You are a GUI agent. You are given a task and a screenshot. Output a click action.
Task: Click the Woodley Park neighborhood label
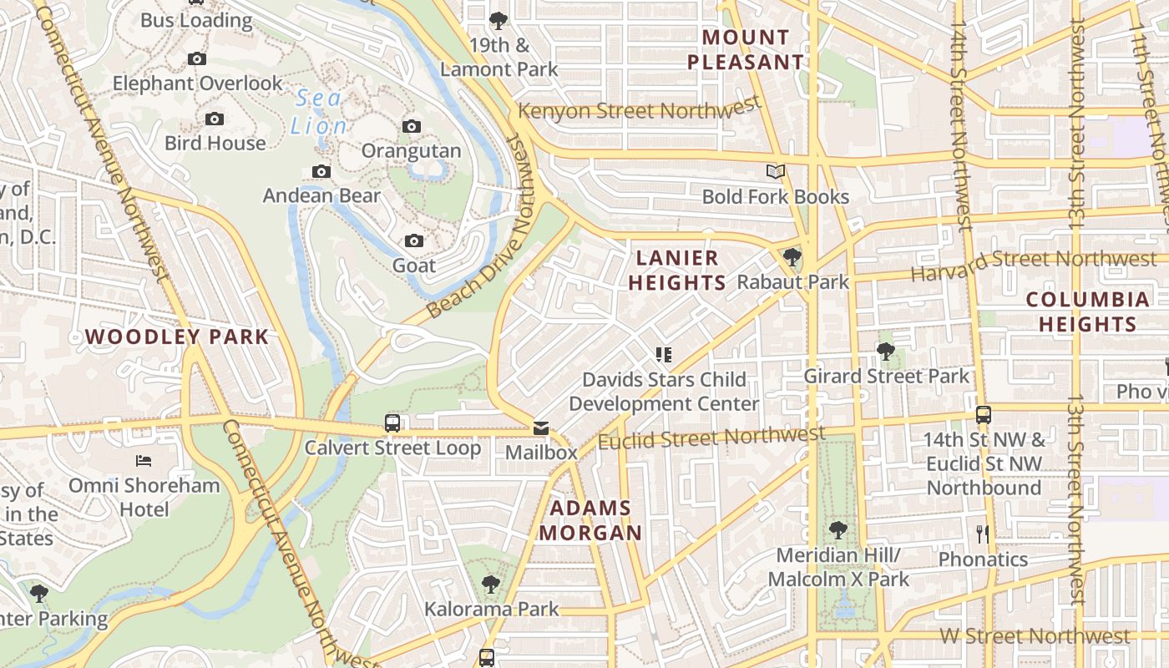[177, 337]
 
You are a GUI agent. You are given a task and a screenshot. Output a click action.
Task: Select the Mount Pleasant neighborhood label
[745, 49]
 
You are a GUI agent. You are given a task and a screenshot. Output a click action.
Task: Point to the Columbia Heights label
[1087, 311]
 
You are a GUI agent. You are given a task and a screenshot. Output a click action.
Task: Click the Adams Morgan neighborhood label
[590, 520]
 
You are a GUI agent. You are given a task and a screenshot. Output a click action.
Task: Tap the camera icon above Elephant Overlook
[197, 58]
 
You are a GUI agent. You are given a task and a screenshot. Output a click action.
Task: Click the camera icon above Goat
[413, 240]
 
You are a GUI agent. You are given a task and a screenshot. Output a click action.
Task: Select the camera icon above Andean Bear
[321, 171]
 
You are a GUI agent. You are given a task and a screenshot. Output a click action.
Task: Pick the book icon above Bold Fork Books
[776, 171]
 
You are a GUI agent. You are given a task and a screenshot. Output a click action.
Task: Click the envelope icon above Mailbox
[541, 428]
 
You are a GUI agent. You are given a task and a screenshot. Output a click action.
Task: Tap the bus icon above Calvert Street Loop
[392, 423]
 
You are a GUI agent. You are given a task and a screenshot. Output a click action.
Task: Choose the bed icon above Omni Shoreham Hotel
[144, 460]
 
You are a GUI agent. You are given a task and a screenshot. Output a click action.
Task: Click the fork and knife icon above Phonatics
[983, 533]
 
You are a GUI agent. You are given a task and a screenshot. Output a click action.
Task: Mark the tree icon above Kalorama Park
[491, 584]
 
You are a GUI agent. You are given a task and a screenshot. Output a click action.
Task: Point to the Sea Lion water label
[319, 112]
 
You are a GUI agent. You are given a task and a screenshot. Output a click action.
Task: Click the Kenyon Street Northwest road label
[640, 109]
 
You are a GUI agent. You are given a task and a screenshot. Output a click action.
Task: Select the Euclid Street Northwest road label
[711, 437]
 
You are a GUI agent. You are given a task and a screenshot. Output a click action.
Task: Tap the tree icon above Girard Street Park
[886, 352]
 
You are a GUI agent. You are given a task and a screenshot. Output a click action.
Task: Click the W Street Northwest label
[1035, 636]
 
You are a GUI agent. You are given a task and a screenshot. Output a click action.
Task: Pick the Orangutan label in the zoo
[411, 151]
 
